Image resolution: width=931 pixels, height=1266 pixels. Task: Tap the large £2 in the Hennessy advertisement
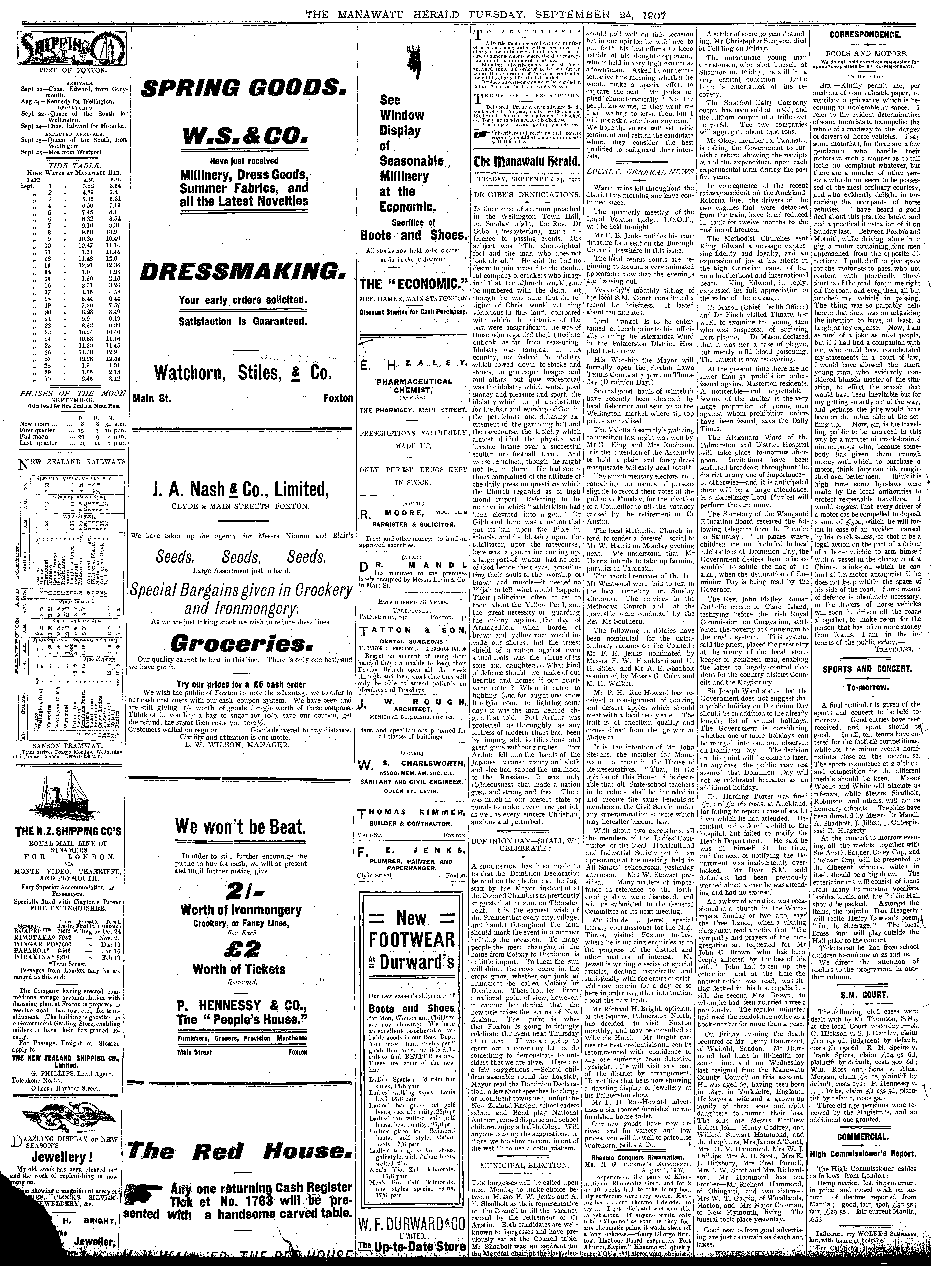pyautogui.click(x=241, y=948)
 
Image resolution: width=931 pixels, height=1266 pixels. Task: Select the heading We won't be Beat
pyautogui.click(x=241, y=827)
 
